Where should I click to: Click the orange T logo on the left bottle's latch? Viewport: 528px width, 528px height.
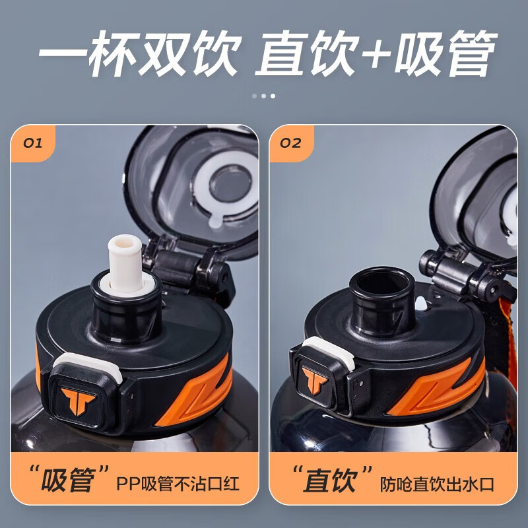pyautogui.click(x=78, y=401)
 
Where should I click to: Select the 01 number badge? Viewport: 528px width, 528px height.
pyautogui.click(x=32, y=143)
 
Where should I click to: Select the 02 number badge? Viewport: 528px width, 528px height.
pyautogui.click(x=290, y=143)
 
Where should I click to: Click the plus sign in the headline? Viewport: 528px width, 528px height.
pyautogui.click(x=376, y=54)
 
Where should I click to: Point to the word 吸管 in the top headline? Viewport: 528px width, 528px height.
pyautogui.click(x=445, y=53)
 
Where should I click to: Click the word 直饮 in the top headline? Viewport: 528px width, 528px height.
pyautogui.click(x=306, y=53)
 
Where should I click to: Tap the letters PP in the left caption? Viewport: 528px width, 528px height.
pyautogui.click(x=128, y=484)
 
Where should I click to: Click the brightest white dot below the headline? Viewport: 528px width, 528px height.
pyautogui.click(x=273, y=96)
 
